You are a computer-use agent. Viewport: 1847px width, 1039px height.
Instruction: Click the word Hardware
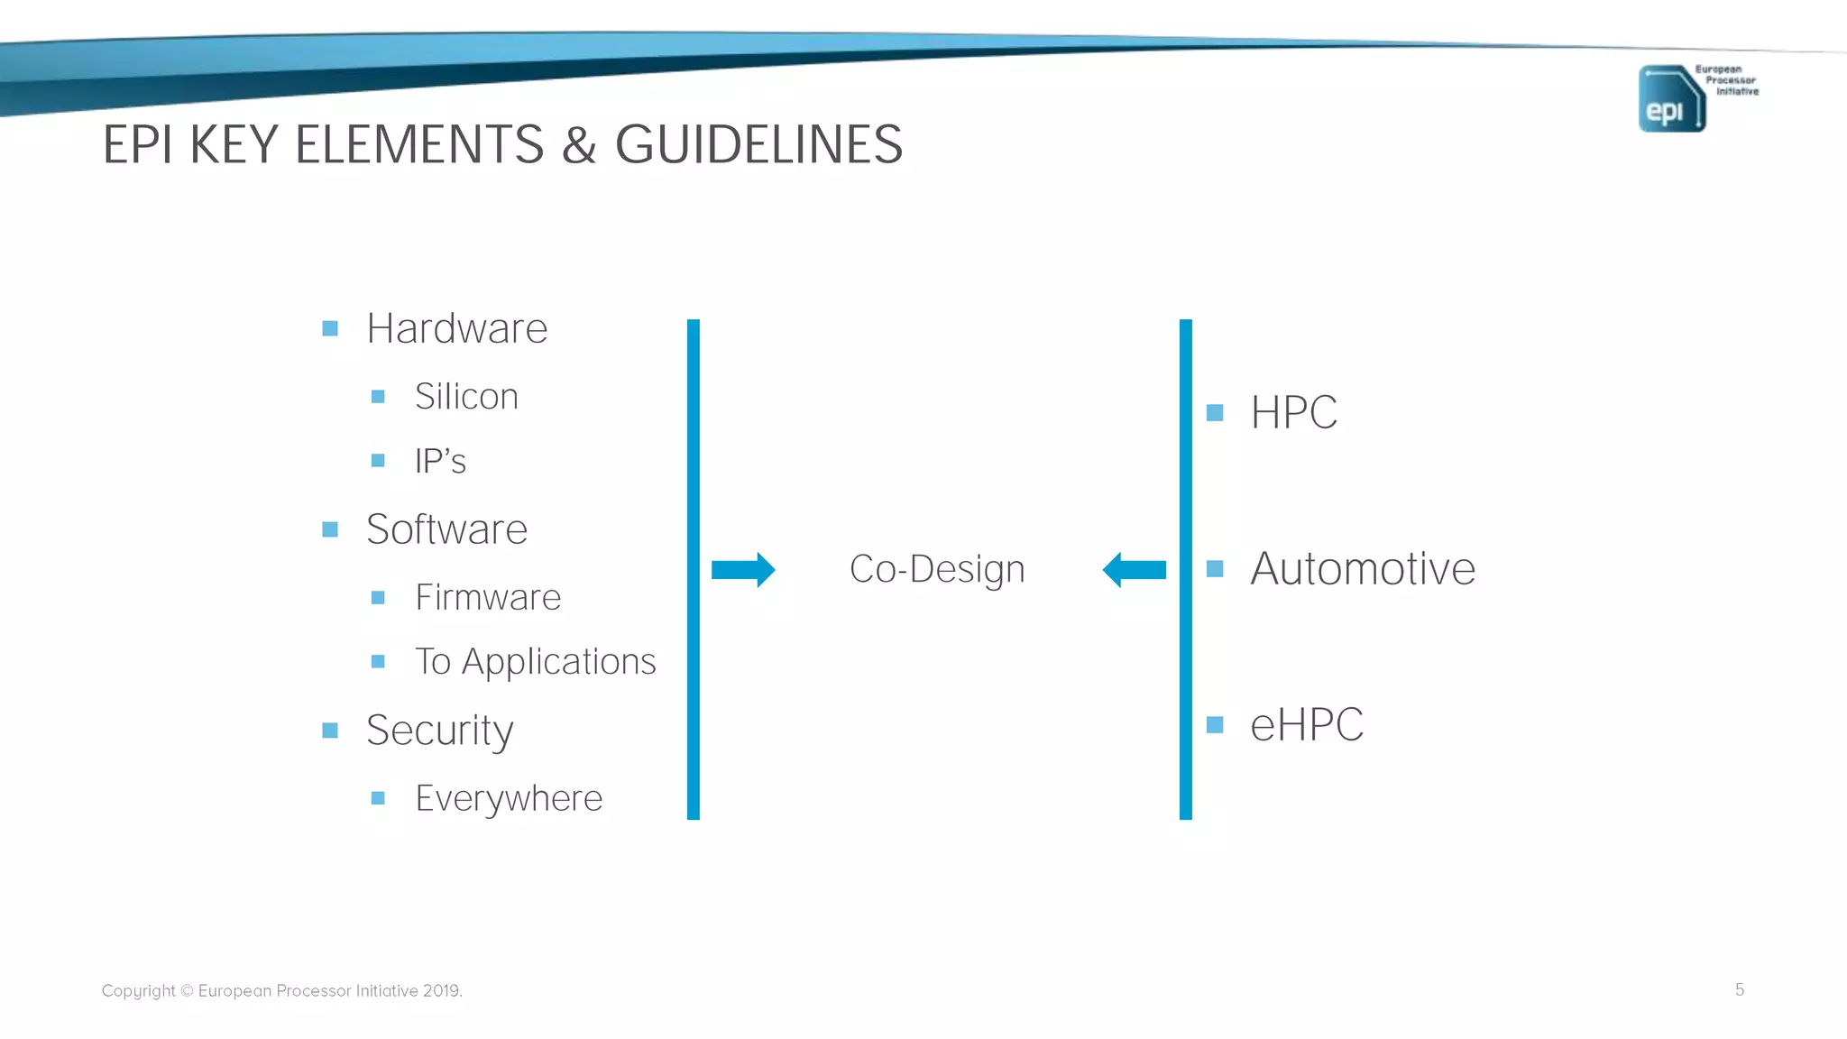pyautogui.click(x=456, y=328)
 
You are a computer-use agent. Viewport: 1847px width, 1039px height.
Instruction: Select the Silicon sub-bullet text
pyautogui.click(x=466, y=397)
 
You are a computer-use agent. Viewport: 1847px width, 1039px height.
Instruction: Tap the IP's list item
pyautogui.click(x=440, y=461)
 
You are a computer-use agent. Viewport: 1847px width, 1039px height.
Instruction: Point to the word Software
pyautogui.click(x=446, y=529)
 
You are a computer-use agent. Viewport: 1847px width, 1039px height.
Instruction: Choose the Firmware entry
pyautogui.click(x=488, y=597)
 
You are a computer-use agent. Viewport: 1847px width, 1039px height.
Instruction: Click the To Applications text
pyautogui.click(x=535, y=662)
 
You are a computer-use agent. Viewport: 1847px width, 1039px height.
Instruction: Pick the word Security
pyautogui.click(x=440, y=731)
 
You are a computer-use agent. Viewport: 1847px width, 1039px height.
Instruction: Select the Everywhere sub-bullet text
pyautogui.click(x=509, y=798)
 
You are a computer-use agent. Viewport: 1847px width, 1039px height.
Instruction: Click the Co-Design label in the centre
pyautogui.click(x=937, y=569)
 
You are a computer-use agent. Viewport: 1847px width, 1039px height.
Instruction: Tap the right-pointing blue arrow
pyautogui.click(x=743, y=570)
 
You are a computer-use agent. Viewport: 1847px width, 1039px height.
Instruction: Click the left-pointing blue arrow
pyautogui.click(x=1135, y=570)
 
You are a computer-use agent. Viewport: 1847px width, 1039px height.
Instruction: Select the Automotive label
pyautogui.click(x=1362, y=569)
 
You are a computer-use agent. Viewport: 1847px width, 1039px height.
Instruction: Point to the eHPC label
pyautogui.click(x=1306, y=725)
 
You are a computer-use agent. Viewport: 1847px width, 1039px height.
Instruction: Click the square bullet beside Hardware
pyautogui.click(x=330, y=328)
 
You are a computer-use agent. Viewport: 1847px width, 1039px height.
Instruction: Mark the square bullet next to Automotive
pyautogui.click(x=1215, y=569)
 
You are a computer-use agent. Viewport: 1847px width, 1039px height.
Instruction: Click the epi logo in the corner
pyautogui.click(x=1671, y=98)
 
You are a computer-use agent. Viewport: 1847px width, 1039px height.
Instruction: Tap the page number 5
pyautogui.click(x=1740, y=989)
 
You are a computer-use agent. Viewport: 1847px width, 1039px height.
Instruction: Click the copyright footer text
pyautogui.click(x=281, y=990)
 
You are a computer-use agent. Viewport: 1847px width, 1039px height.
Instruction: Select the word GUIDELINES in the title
pyautogui.click(x=758, y=144)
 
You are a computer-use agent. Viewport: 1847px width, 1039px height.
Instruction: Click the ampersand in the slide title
pyautogui.click(x=579, y=144)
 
